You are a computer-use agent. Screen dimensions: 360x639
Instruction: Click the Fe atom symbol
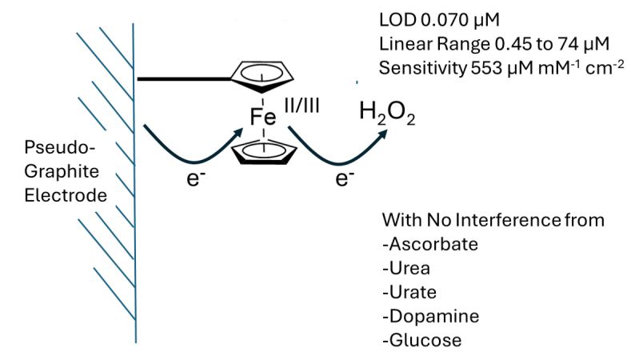point(262,117)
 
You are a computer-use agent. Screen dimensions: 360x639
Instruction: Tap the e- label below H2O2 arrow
point(345,178)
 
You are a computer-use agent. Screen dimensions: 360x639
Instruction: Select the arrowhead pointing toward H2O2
point(386,134)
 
